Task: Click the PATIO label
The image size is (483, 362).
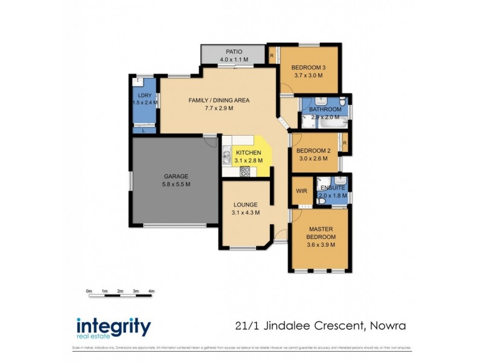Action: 234,52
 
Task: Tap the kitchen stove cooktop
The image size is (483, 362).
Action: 246,171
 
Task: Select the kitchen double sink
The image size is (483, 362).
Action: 226,158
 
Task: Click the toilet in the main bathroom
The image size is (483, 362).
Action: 342,105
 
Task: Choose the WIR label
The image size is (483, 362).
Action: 301,191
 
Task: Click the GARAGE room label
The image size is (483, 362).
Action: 176,176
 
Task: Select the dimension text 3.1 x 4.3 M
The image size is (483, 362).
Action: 245,212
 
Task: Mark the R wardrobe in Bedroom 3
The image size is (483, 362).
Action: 272,56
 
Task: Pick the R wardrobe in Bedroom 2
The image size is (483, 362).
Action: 345,143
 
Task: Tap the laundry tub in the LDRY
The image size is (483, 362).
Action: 140,82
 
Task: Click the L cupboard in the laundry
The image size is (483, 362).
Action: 144,129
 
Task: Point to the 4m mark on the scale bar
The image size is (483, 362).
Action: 152,291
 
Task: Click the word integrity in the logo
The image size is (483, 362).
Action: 113,326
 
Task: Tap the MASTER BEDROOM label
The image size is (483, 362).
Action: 321,233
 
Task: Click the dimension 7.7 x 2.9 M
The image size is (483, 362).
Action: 219,109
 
